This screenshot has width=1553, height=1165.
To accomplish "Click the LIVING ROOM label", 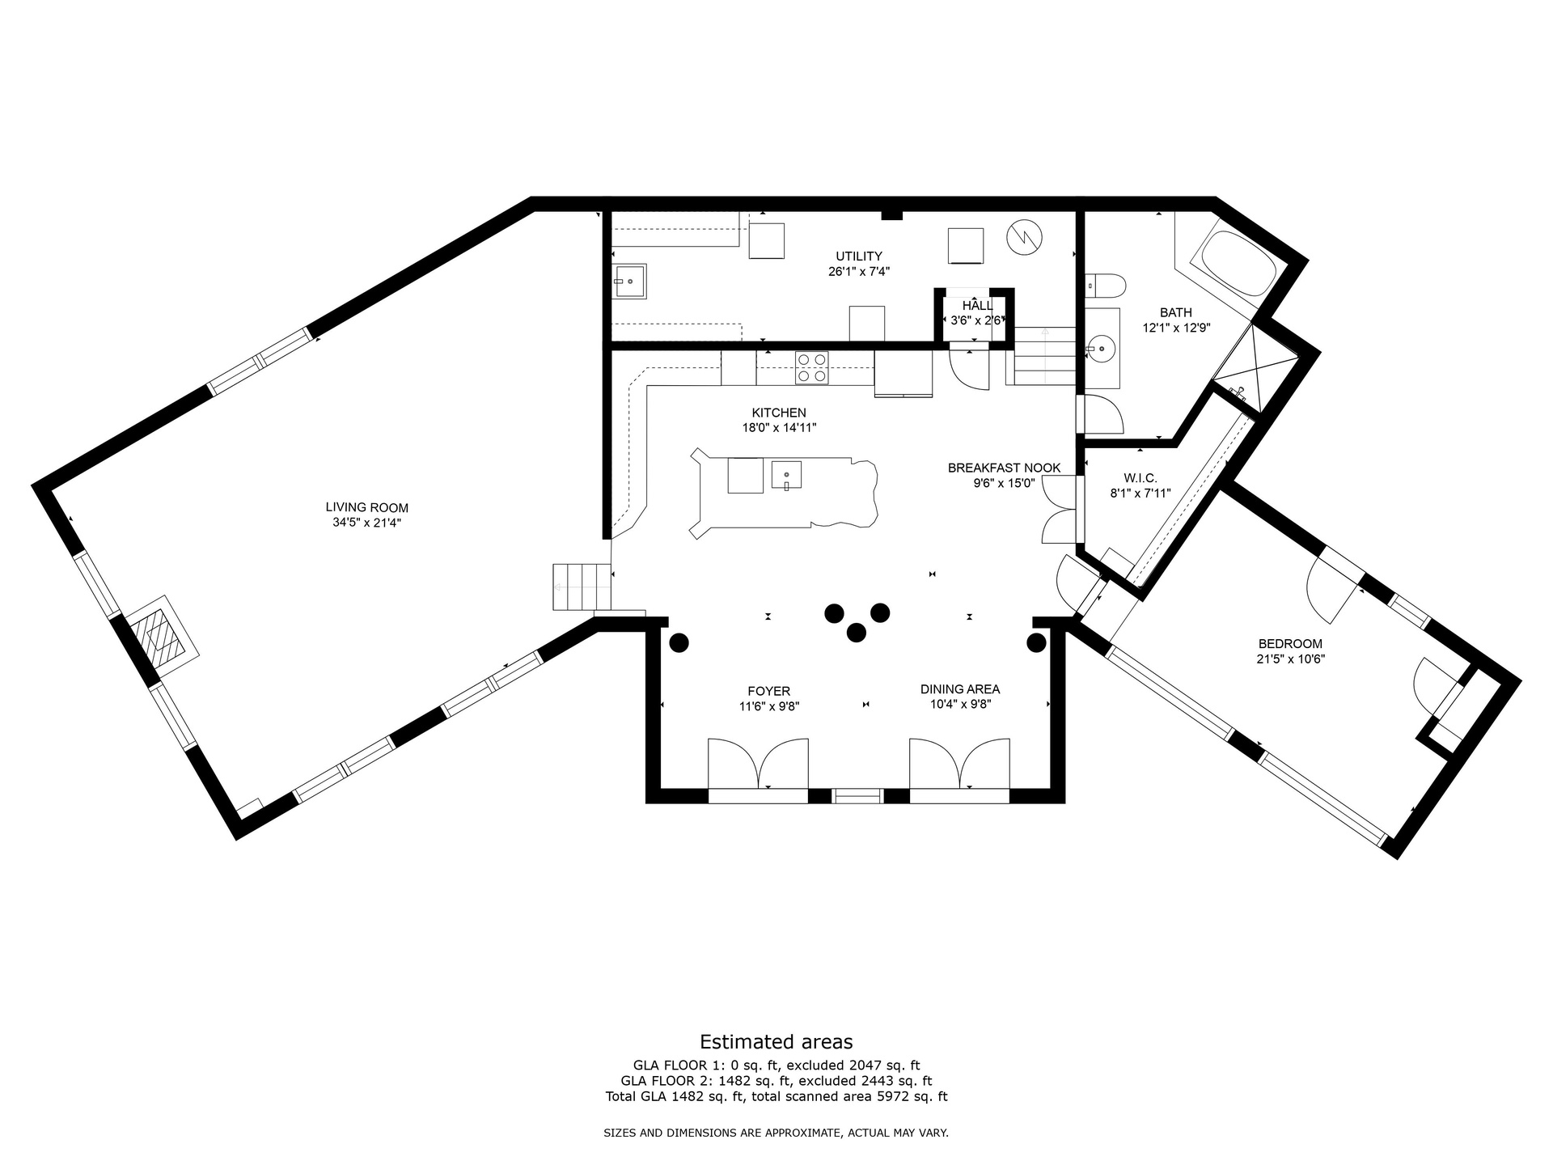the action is point(366,508).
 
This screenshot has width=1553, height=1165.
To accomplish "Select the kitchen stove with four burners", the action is point(811,367).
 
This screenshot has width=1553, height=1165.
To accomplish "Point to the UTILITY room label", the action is point(859,256).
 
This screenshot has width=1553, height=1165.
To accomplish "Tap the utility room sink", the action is point(628,282).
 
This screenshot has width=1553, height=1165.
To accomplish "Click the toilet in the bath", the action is point(1105,284).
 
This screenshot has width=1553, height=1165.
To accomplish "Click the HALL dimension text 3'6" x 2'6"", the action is point(977,320).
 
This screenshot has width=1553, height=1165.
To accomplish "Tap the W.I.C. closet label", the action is point(1140,478).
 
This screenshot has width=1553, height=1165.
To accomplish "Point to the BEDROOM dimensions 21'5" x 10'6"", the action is point(1290,659).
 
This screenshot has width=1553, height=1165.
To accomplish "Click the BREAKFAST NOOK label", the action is point(1004,468).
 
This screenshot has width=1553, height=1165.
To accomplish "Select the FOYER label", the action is point(768,692).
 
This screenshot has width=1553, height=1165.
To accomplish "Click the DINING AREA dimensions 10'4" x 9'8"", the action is point(960,704).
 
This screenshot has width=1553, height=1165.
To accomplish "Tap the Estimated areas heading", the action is point(776,1042).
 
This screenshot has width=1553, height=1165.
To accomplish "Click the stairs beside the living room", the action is point(582,587).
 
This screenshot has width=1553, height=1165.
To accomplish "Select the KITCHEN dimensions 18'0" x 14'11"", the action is point(780,427).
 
